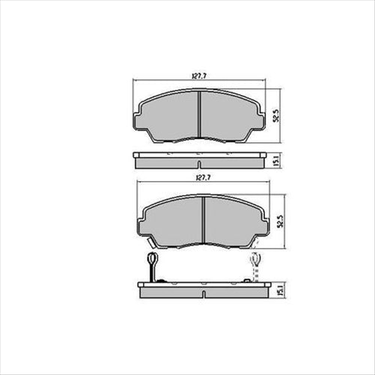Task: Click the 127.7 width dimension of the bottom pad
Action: click(200, 178)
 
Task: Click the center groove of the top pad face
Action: click(198, 116)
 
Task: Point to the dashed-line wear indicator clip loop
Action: click(254, 259)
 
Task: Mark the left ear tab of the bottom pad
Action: click(142, 220)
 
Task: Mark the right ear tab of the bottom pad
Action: click(263, 220)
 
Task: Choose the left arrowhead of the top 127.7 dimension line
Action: click(135, 81)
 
